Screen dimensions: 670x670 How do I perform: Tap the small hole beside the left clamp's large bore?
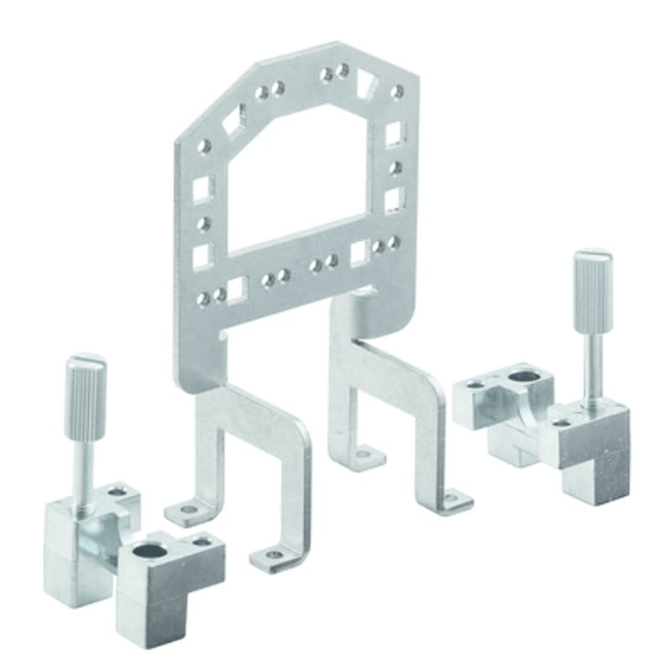pyautogui.click(x=202, y=542)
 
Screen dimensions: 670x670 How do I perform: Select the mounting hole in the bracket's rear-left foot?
pyautogui.click(x=362, y=455)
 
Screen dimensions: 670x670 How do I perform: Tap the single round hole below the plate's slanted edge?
pyautogui.click(x=204, y=147)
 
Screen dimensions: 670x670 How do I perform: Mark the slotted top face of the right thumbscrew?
pyautogui.click(x=592, y=255)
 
